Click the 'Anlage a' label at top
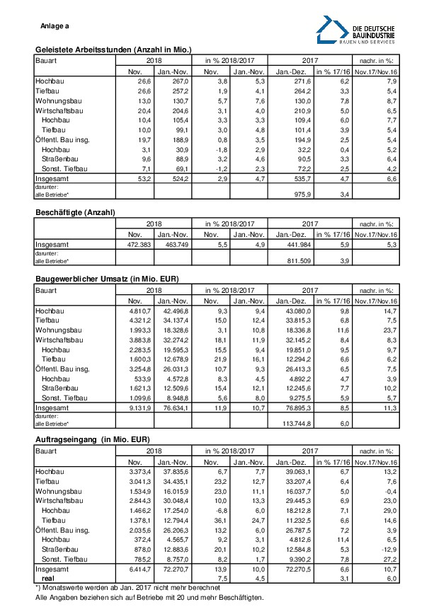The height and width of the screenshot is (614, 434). tap(55, 26)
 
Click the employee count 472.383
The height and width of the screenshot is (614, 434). tap(135, 245)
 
